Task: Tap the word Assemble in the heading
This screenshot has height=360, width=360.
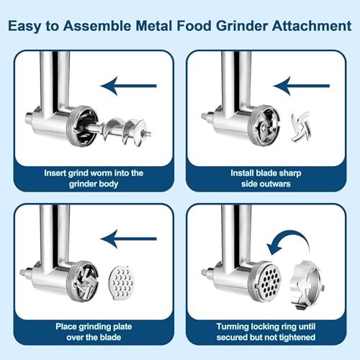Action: (x=97, y=26)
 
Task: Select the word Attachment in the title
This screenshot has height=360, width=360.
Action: (x=312, y=26)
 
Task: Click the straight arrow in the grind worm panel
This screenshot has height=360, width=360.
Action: (x=128, y=86)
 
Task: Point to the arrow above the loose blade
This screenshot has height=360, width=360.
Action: (x=301, y=86)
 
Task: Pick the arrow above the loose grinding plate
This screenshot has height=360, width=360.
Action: (x=128, y=239)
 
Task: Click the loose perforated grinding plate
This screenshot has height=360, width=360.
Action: (x=122, y=283)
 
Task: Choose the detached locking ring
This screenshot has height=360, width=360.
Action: (x=307, y=285)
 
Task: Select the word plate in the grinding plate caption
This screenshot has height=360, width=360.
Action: (x=122, y=326)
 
